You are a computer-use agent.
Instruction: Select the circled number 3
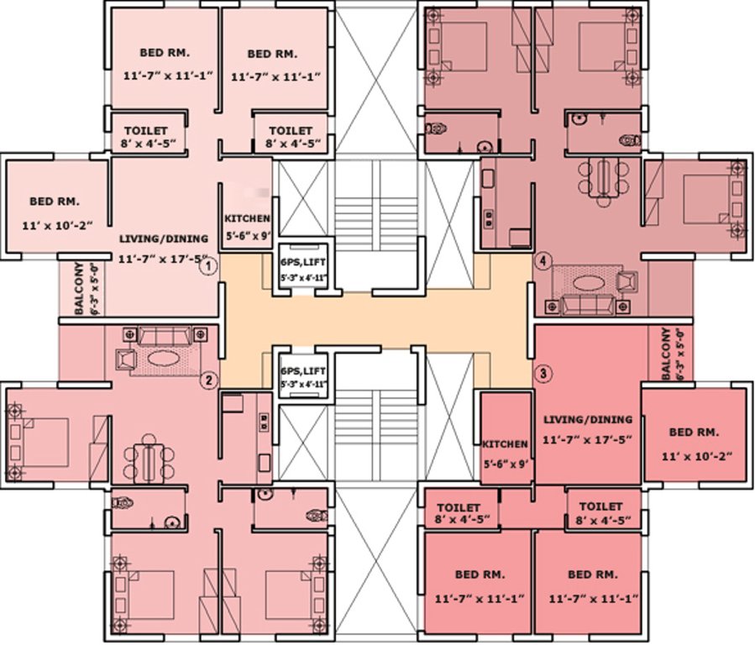[x=544, y=373]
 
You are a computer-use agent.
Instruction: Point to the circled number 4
[x=543, y=261]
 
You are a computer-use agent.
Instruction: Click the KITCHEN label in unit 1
[x=247, y=218]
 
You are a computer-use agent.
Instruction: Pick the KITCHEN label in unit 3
[x=505, y=444]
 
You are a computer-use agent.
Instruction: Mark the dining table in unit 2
[x=149, y=459]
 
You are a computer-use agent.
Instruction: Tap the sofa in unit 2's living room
[x=165, y=336]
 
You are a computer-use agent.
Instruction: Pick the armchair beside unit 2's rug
[x=126, y=359]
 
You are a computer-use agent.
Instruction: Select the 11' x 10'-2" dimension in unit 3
[x=695, y=456]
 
